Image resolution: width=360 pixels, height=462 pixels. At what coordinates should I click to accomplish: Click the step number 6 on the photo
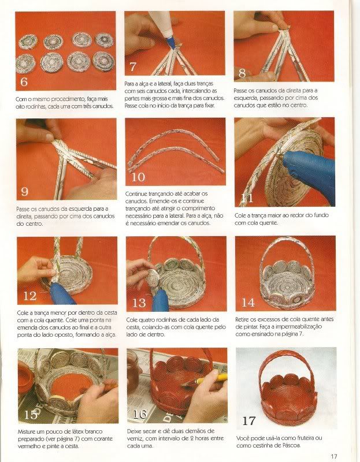point(24,81)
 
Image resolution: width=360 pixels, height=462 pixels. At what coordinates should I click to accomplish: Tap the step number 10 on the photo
point(138,177)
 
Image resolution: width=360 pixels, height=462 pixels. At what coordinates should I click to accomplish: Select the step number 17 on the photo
point(248,421)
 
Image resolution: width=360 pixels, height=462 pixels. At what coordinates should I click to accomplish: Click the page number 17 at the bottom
point(334,456)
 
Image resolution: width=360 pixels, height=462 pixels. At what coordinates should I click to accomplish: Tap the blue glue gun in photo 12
point(62,293)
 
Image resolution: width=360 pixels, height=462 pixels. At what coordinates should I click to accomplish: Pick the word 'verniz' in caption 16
point(135,438)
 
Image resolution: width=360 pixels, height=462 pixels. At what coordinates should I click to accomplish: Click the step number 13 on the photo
point(139,303)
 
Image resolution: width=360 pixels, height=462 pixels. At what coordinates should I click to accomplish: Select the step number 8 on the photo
point(242,73)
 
